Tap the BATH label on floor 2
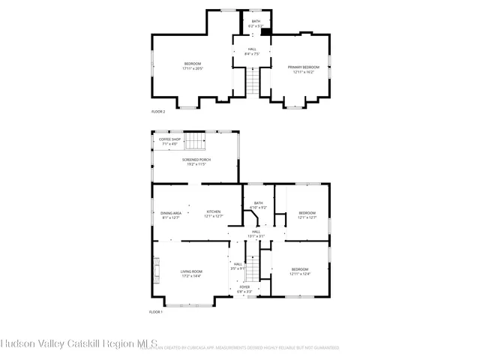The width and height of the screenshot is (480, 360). [x=256, y=22]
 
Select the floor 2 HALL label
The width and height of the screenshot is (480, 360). [x=252, y=49]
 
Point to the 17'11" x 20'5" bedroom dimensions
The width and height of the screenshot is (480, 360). [x=193, y=69]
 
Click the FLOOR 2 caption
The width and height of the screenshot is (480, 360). [x=157, y=111]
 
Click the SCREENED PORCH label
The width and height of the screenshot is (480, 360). [x=195, y=160]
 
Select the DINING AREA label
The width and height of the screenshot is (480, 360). [x=170, y=213]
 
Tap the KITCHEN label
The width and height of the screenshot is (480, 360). [x=214, y=213]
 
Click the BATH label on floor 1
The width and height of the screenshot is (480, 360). [x=259, y=203]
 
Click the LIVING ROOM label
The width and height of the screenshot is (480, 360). [x=191, y=272]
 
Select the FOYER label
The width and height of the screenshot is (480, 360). [x=244, y=287]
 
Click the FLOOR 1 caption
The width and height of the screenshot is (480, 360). [x=155, y=311]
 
